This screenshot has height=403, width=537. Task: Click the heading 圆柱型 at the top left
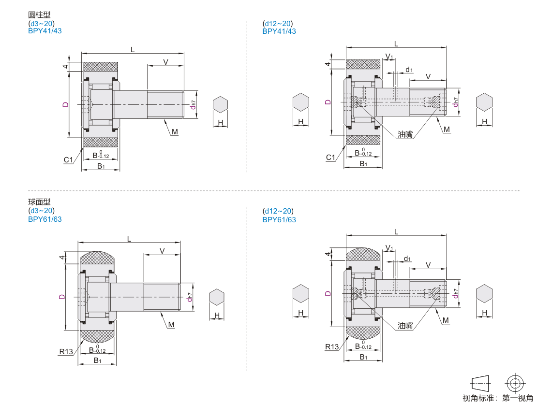(x=39, y=14)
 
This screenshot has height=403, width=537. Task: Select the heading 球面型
(x=39, y=202)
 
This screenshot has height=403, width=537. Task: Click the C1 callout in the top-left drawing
(x=69, y=159)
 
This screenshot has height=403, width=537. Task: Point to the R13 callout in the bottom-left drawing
(x=66, y=351)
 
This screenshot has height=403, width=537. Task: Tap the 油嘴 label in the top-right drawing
(x=405, y=134)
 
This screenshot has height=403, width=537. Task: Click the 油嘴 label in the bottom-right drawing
(x=405, y=326)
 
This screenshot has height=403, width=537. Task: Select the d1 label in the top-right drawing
(x=409, y=70)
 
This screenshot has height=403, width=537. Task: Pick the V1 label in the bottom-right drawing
(x=389, y=248)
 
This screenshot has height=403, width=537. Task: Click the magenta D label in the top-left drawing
(x=65, y=104)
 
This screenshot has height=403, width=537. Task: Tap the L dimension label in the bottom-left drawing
(x=129, y=239)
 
